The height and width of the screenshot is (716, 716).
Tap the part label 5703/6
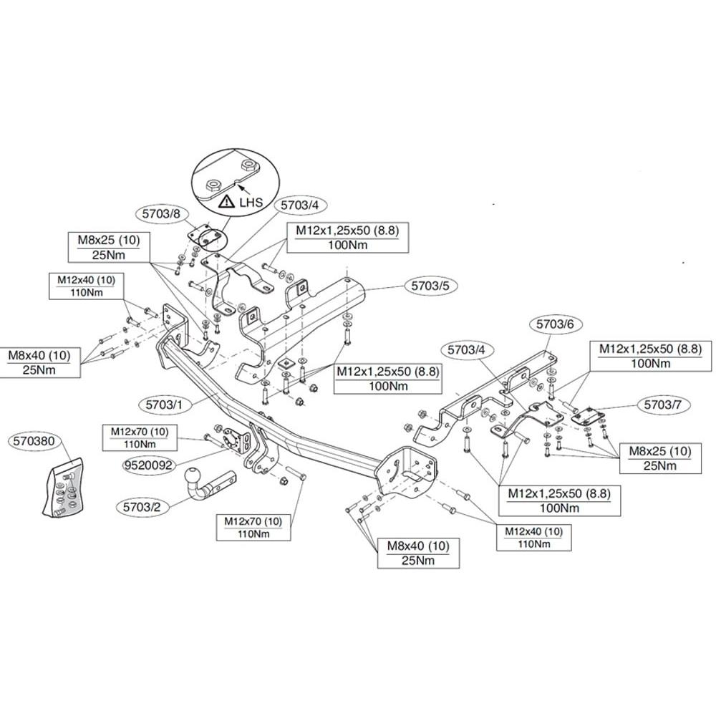[554, 324]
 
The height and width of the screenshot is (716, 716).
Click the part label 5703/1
[164, 404]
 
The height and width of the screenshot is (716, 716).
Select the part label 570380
[34, 441]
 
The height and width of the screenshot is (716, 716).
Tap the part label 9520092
[150, 465]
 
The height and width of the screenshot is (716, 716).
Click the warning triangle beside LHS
[227, 201]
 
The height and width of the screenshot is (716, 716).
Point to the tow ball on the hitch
[192, 476]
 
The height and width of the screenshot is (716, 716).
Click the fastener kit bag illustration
[63, 488]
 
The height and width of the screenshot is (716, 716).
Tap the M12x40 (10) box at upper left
[87, 286]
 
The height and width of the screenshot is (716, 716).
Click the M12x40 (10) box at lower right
[534, 538]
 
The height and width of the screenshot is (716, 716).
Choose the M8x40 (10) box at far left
[39, 362]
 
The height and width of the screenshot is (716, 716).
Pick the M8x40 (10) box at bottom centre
[418, 553]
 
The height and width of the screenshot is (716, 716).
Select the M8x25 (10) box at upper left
[109, 247]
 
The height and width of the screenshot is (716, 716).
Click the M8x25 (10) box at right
[660, 458]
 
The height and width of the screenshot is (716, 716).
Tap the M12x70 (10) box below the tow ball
[253, 528]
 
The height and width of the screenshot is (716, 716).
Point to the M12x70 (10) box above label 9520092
[140, 438]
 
